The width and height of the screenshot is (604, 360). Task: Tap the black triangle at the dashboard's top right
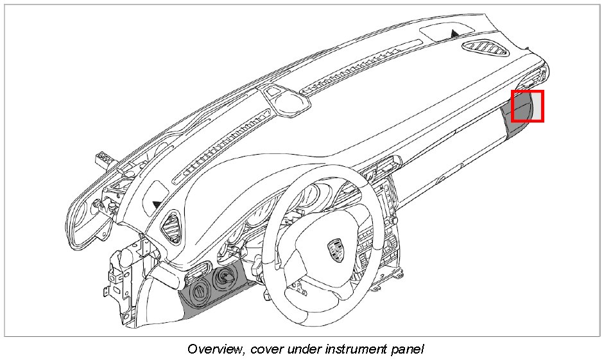coord(455,32)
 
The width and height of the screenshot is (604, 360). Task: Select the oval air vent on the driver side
coord(173,227)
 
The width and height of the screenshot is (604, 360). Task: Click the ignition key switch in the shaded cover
coord(225,279)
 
